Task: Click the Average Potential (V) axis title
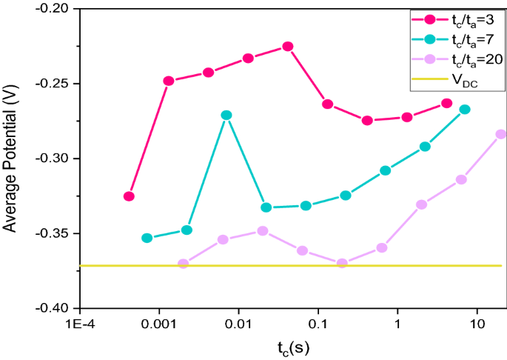11,158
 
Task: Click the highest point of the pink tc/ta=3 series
288,47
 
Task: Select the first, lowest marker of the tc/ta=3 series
129,196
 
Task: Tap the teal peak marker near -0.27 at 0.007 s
226,115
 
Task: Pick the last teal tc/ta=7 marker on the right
465,109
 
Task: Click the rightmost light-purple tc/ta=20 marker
501,134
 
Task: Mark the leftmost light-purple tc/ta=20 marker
184,264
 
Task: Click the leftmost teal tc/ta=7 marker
147,238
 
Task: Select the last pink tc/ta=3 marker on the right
446,103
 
